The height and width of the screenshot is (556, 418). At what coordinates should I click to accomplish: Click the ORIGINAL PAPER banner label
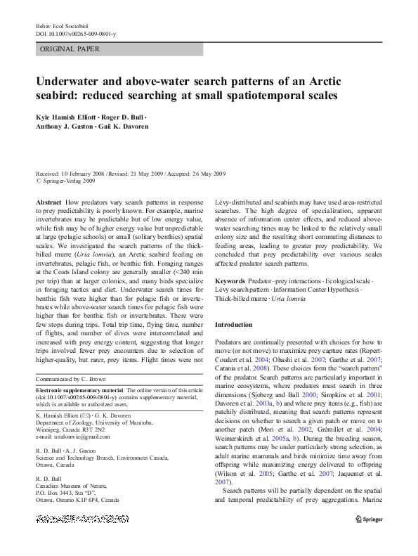pos(70,49)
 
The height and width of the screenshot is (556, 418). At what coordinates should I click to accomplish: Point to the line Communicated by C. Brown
pos(77,379)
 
